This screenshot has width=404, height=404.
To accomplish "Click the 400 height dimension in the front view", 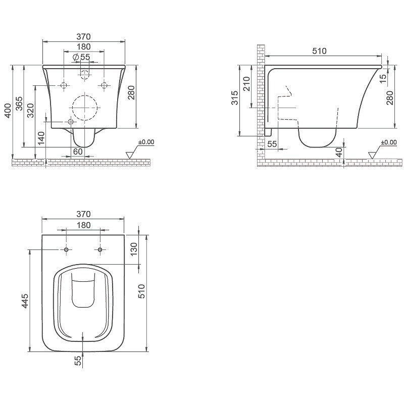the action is [x=8, y=111].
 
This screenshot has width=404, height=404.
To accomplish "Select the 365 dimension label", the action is [x=19, y=104].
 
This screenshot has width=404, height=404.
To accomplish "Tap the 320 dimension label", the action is [x=31, y=111].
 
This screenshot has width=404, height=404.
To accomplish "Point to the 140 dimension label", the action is [x=41, y=138].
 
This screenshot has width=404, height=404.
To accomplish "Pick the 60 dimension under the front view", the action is [x=78, y=151].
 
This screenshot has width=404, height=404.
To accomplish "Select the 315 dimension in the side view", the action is [x=235, y=98].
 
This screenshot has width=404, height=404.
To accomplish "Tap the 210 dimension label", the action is [x=247, y=84].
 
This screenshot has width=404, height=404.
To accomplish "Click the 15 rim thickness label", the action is [x=384, y=79].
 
